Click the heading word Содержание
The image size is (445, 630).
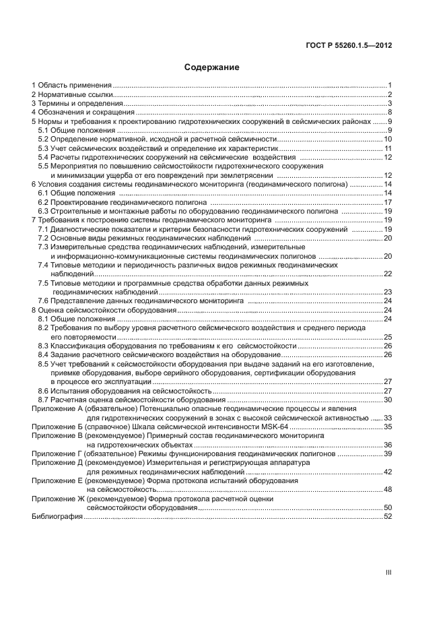click(x=211, y=67)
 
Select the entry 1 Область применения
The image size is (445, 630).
click(x=71, y=86)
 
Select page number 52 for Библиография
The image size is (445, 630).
click(x=388, y=516)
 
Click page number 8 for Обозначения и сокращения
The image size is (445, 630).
click(x=390, y=113)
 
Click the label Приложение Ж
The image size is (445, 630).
click(x=57, y=499)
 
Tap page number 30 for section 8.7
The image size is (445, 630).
click(x=388, y=400)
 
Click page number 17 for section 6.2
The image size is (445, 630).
click(x=388, y=202)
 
